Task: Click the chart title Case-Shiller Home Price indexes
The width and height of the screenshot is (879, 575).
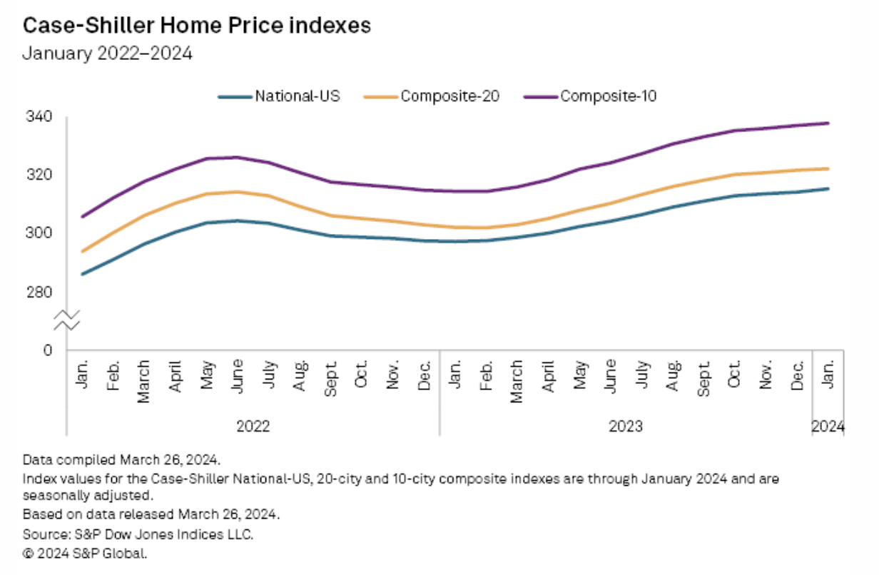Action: point(197,26)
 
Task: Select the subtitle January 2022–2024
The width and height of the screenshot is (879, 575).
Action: point(108,54)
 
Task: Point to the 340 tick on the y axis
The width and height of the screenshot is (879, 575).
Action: point(39,116)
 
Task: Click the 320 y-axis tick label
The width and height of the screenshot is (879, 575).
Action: point(39,175)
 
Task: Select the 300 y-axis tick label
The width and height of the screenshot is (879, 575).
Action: point(39,233)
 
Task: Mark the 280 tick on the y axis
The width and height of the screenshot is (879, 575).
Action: point(39,292)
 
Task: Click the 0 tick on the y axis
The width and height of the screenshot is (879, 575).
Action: point(48,350)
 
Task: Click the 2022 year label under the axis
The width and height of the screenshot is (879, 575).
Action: point(253,427)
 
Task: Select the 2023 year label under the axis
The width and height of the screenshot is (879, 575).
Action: point(626,427)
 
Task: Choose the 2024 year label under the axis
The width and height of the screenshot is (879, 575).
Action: point(828,427)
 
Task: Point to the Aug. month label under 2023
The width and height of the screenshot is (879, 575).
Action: point(672,374)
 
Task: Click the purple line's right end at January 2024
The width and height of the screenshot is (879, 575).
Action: point(828,123)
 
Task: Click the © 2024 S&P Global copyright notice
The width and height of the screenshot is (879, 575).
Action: point(85,552)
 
